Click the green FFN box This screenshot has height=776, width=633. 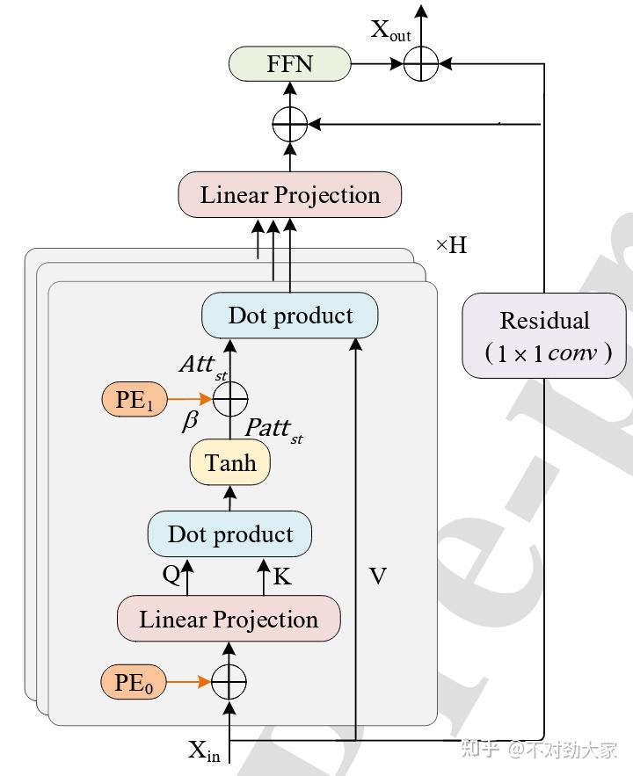pyautogui.click(x=289, y=63)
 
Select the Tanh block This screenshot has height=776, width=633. pyautogui.click(x=229, y=462)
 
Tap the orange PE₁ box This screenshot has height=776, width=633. pyautogui.click(x=134, y=401)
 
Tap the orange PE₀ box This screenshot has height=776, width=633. pyautogui.click(x=134, y=682)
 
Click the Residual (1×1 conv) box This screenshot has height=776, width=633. pyautogui.click(x=544, y=336)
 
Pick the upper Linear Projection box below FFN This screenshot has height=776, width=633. pyautogui.click(x=289, y=195)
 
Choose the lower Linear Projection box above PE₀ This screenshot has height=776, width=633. pyautogui.click(x=229, y=619)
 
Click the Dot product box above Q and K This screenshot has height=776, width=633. pyautogui.click(x=229, y=534)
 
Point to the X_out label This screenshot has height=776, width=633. pyautogui.click(x=389, y=31)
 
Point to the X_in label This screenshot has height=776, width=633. pyautogui.click(x=204, y=751)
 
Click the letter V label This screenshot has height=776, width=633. pyautogui.click(x=377, y=577)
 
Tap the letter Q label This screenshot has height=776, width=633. pyautogui.click(x=171, y=575)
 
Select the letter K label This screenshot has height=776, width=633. pyautogui.click(x=282, y=577)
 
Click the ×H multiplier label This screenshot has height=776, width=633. pyautogui.click(x=451, y=245)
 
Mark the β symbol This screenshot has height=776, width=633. pyautogui.click(x=190, y=421)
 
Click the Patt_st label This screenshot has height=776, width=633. pyautogui.click(x=273, y=430)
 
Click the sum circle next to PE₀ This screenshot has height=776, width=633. pyautogui.click(x=229, y=682)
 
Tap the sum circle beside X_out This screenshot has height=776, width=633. pyautogui.click(x=421, y=63)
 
